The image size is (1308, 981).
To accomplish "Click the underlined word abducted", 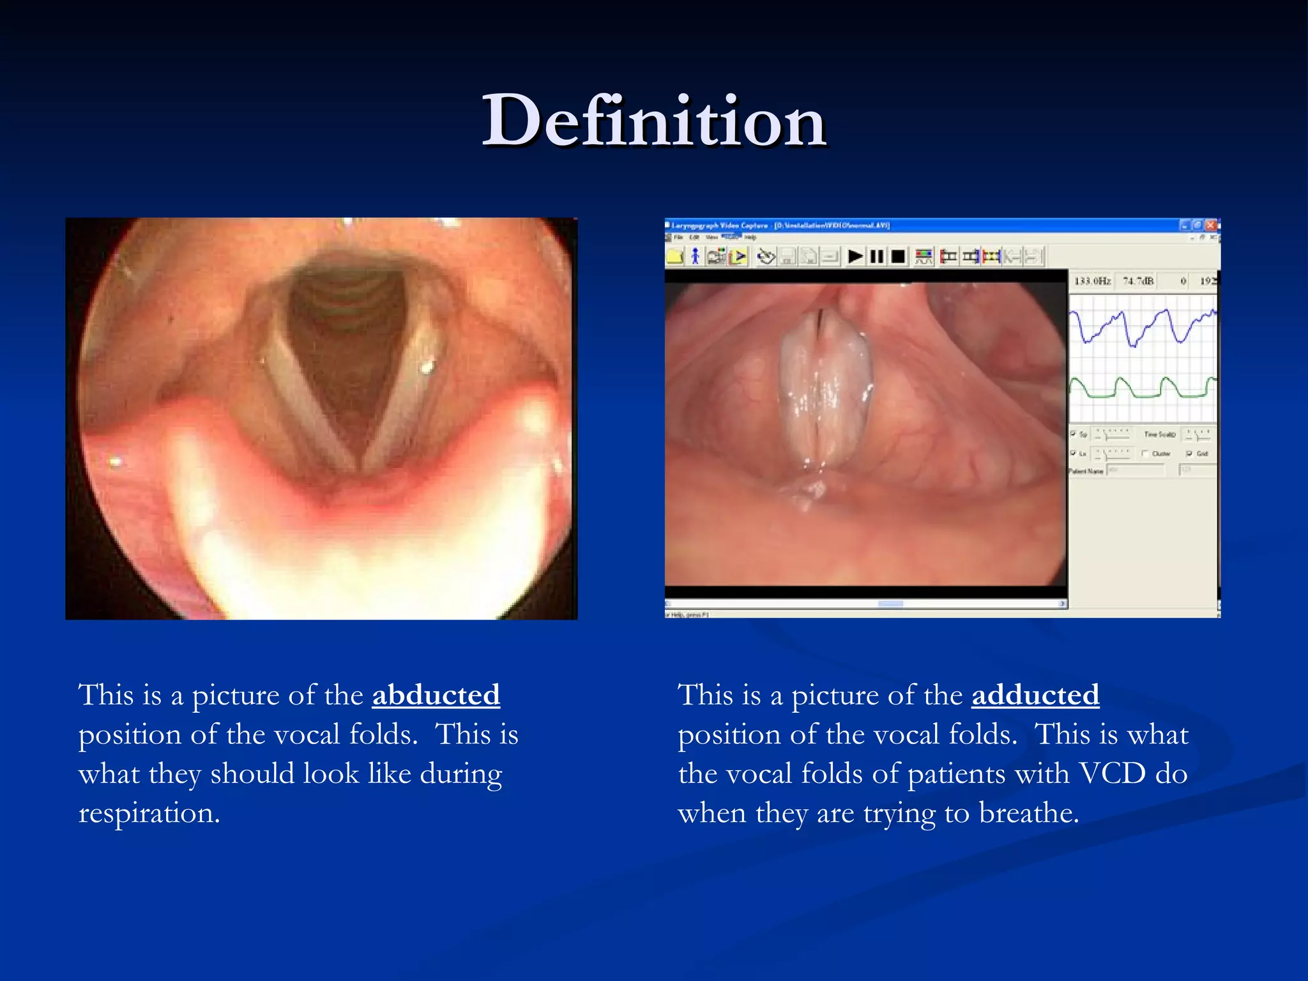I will coord(436,695).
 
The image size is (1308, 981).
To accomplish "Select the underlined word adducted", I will coord(1035,695).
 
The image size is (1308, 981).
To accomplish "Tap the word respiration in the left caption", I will coord(149,813).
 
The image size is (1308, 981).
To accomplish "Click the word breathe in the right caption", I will coord(1028,813).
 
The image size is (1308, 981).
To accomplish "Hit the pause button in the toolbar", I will coord(877,257).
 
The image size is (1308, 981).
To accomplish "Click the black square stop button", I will coord(898,257).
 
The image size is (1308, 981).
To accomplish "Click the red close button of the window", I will coord(1210,225).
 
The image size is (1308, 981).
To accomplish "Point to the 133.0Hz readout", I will coord(1092,281).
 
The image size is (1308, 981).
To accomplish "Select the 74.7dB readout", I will coord(1138,281).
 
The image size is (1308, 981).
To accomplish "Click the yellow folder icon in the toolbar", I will coord(674,257).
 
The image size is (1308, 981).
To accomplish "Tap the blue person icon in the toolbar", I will coord(695,257).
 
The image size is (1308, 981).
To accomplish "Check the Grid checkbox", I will coord(1189,453).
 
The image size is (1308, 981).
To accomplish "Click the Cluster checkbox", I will coord(1145,453).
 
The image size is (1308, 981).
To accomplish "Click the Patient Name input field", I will coord(1136,471).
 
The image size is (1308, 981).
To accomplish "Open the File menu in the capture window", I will coord(678,238).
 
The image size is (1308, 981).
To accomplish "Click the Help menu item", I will coord(750,238).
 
